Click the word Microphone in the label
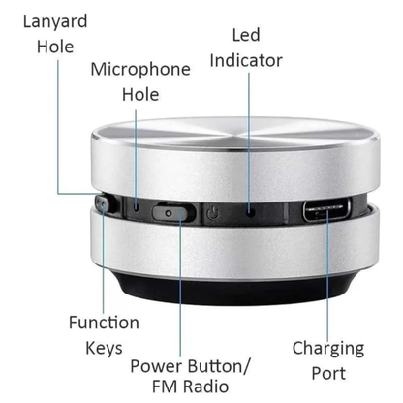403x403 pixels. (x=140, y=69)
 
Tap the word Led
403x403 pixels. (x=246, y=35)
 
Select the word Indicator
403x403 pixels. (x=246, y=60)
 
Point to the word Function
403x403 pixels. (x=104, y=323)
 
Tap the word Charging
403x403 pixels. (x=328, y=348)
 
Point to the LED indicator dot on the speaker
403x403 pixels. (x=250, y=210)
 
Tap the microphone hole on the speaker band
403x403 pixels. (x=138, y=206)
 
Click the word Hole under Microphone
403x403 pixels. (x=140, y=95)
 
